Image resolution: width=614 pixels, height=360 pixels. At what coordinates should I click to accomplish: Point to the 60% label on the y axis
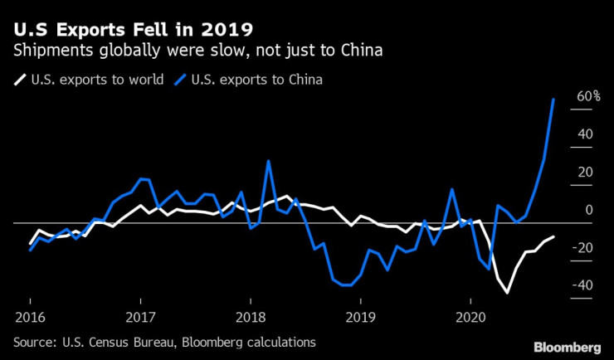tap(588, 96)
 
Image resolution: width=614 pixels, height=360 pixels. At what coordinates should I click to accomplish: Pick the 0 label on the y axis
tap(587, 211)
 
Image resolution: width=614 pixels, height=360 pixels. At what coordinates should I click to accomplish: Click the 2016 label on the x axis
tap(30, 317)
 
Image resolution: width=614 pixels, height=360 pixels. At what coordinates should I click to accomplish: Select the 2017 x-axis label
tap(140, 317)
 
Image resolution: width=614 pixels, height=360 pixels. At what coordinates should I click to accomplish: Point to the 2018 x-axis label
tap(250, 317)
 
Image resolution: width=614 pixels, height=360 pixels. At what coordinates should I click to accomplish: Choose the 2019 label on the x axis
tap(360, 317)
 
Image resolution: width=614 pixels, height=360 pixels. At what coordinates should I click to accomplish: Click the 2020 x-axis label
tap(470, 317)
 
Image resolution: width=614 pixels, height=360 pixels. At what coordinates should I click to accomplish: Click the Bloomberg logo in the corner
tap(566, 345)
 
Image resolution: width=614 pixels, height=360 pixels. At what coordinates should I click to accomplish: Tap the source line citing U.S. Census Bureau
tap(164, 341)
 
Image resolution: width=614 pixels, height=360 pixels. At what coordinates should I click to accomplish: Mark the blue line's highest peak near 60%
tap(553, 99)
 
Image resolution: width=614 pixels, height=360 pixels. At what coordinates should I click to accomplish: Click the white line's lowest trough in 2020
tap(507, 292)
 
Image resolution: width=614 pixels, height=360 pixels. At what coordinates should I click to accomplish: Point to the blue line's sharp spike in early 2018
tap(268, 161)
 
